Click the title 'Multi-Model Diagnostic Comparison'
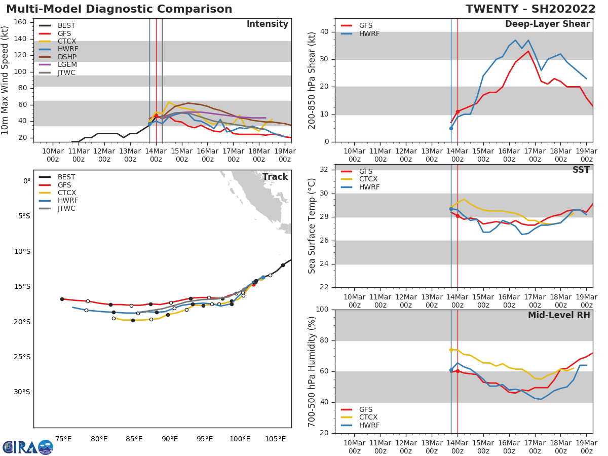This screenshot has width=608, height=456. (x=119, y=9)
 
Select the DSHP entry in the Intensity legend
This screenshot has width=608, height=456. (x=66, y=57)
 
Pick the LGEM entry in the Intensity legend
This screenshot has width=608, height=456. (x=66, y=65)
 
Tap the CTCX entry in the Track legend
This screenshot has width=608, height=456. (x=66, y=193)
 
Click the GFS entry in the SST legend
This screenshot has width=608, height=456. (x=366, y=171)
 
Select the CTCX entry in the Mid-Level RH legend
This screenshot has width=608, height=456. (x=369, y=417)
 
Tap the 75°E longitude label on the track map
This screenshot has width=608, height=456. (x=63, y=439)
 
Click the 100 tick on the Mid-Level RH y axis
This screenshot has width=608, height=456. (x=322, y=310)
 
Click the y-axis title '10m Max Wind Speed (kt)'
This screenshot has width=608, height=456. (x=6, y=80)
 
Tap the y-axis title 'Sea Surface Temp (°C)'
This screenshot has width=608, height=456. (x=312, y=226)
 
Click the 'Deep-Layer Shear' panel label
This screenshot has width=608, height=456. (x=547, y=24)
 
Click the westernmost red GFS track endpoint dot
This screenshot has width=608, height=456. (x=62, y=299)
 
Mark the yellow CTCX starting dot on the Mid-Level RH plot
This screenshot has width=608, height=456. (x=451, y=350)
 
